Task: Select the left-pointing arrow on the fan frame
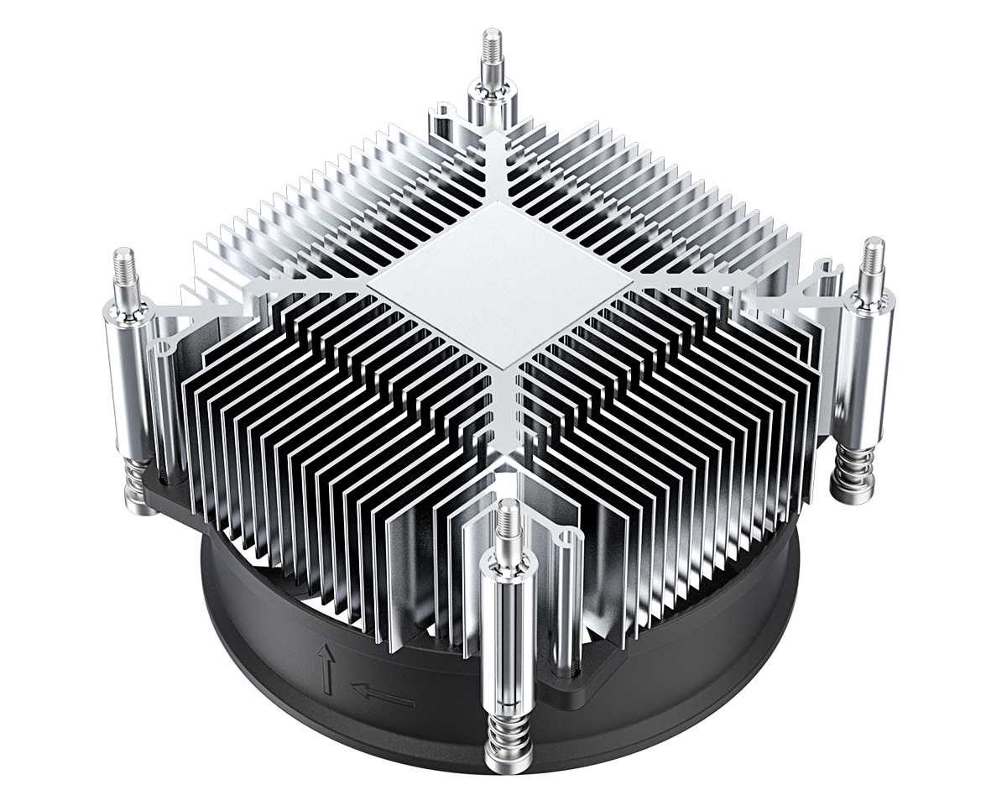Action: [382, 694]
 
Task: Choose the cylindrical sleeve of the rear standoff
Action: [489, 105]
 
